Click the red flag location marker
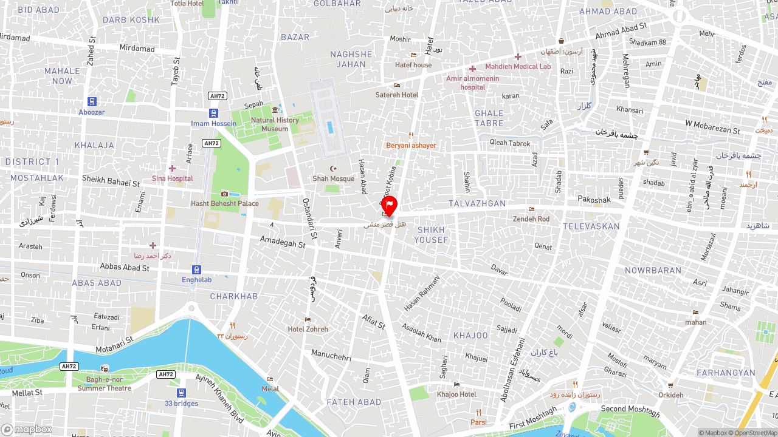click(389, 205)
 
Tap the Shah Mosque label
click(333, 178)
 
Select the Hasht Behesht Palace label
click(224, 203)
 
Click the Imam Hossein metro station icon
click(213, 113)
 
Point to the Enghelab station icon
click(196, 269)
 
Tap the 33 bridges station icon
click(181, 393)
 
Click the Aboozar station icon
click(92, 102)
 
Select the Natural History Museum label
click(275, 124)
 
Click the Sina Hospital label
click(172, 178)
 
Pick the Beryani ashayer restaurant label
click(411, 145)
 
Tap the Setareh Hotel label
click(397, 95)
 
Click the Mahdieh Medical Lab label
click(518, 66)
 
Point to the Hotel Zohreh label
click(308, 329)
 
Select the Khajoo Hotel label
click(456, 394)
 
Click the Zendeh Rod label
click(531, 218)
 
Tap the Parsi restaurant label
click(478, 422)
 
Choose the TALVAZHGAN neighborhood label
click(477, 204)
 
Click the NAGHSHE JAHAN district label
click(351, 59)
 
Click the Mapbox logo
click(26, 429)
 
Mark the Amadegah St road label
click(283, 243)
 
